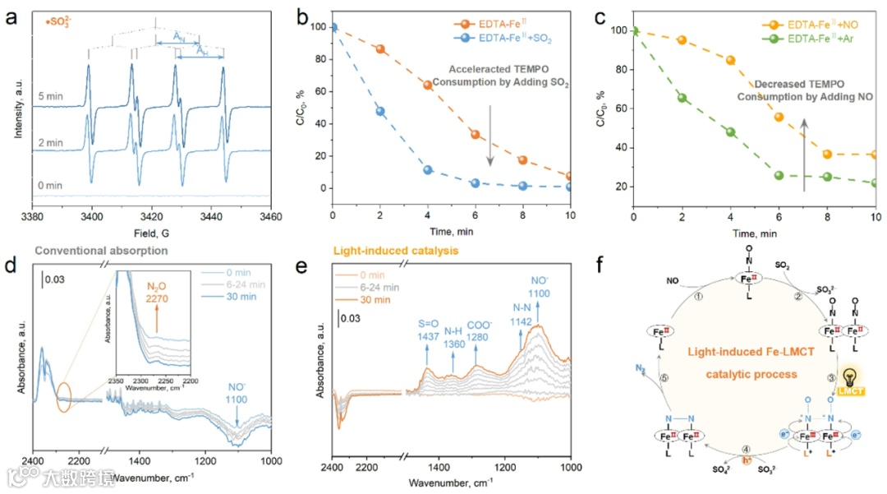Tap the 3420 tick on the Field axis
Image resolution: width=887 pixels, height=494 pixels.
click(152, 220)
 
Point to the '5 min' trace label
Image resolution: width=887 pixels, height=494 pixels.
click(50, 96)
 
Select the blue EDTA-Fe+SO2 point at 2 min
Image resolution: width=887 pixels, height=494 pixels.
click(380, 111)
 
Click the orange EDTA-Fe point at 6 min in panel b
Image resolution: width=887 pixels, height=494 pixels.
click(475, 134)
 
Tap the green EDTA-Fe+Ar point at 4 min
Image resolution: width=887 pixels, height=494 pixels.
click(731, 132)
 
